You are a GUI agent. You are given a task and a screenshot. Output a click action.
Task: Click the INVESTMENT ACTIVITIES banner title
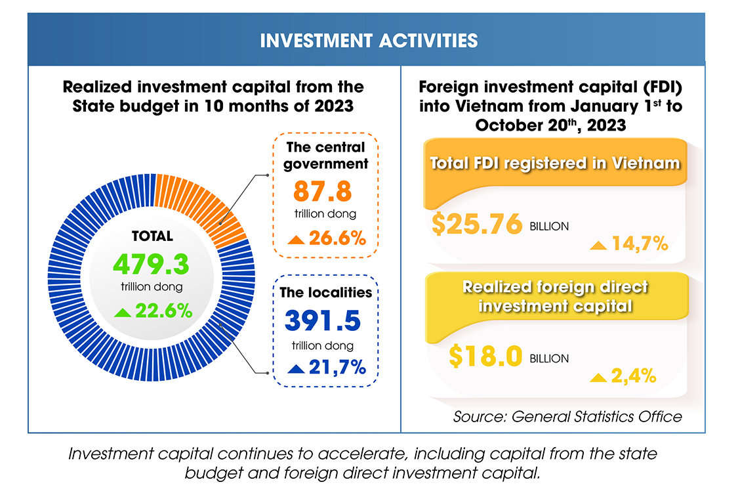(368, 41)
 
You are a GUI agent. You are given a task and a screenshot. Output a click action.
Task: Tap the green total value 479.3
(151, 265)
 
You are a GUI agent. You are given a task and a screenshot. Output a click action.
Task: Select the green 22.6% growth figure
(163, 311)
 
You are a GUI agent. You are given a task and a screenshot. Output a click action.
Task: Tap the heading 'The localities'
(325, 292)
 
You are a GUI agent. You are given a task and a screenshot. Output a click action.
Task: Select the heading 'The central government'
(325, 155)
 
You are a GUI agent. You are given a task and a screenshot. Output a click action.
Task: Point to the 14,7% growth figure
(639, 245)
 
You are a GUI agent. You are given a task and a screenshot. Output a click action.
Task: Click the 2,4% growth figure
(633, 376)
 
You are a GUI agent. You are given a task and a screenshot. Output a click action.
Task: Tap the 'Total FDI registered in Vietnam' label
(555, 163)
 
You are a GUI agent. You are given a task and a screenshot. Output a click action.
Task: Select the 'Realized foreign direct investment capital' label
(555, 296)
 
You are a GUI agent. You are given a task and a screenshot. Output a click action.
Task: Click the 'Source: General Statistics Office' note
(567, 416)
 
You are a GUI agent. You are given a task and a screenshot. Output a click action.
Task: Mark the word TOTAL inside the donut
(152, 236)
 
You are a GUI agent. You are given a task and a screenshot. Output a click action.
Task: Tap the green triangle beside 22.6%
(123, 312)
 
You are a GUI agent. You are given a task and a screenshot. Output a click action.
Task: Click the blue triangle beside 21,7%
(296, 368)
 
